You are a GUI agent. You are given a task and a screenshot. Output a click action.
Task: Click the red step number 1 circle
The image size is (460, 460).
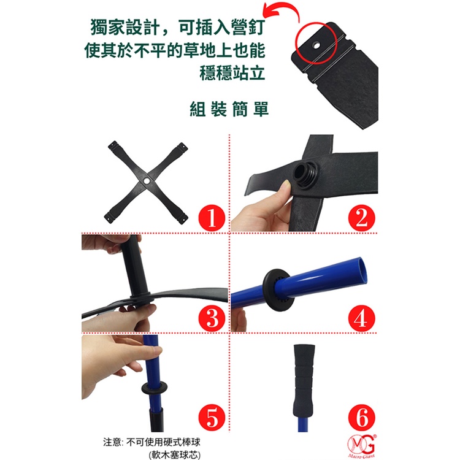point(212,218)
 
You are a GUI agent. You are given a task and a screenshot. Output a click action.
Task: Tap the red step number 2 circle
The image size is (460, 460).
point(361,218)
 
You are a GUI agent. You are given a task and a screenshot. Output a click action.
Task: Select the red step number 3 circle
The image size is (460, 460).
point(212,318)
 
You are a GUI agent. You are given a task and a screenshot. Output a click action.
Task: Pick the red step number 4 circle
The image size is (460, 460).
point(361,318)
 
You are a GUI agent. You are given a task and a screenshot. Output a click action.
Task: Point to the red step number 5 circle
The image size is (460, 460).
point(212,418)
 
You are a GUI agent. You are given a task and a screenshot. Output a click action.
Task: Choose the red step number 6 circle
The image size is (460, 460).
point(361,418)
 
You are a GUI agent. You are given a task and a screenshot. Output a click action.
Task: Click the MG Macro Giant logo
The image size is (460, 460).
point(362,446)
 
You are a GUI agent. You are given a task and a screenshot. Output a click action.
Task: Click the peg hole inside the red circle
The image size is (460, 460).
point(316,45)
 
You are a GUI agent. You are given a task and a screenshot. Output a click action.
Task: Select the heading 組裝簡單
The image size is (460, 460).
point(229,109)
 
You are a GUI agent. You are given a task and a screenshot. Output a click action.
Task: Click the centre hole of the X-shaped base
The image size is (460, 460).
point(147,180)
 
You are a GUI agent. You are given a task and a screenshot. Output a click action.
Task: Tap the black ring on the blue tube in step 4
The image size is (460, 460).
point(278,289)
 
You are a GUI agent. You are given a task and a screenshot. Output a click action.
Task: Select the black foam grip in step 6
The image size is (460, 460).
point(304,380)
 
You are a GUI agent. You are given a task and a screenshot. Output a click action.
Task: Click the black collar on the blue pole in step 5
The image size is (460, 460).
point(155,388)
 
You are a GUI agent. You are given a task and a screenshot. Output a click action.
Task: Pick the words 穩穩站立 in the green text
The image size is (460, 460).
point(232,73)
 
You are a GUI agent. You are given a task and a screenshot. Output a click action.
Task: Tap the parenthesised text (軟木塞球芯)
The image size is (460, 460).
point(175,454)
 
